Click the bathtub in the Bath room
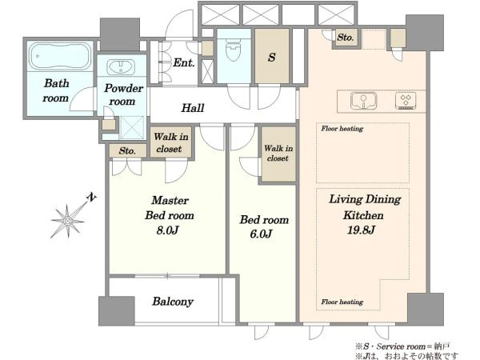tap(60, 57)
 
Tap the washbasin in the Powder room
tap(121, 66)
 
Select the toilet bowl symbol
tap(234, 48)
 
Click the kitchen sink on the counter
tap(363, 101)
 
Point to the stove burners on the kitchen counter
tap(406, 101)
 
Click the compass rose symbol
tap(68, 221)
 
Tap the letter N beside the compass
tap(91, 197)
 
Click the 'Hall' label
tap(193, 108)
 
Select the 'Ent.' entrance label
tap(184, 62)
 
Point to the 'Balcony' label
tap(173, 302)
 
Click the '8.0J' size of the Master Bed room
tap(167, 230)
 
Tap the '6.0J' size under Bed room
tap(261, 234)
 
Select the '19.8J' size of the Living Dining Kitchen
tap(361, 230)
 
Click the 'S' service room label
tap(271, 58)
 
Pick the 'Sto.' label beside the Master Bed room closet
tap(127, 150)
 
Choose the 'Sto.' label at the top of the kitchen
tap(346, 38)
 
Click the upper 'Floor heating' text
tap(342, 129)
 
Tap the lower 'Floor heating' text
tap(342, 302)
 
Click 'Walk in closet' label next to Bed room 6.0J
tap(278, 153)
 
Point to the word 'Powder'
tap(124, 89)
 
